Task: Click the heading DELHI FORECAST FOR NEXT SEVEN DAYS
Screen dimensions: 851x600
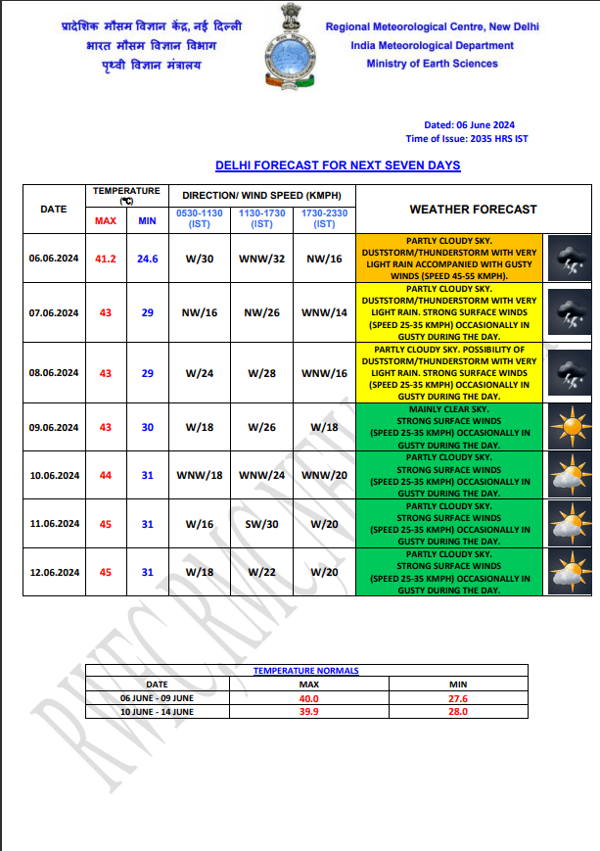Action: click(338, 165)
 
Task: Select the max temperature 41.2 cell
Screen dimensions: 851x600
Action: click(105, 259)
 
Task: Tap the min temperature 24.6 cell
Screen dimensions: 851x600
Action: click(147, 259)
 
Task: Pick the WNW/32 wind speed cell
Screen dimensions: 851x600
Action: click(261, 259)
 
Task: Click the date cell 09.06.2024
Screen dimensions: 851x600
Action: click(54, 426)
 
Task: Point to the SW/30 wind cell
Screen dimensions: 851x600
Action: click(261, 524)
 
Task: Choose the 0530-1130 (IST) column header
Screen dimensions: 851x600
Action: click(199, 218)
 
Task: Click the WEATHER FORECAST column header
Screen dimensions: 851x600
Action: click(473, 209)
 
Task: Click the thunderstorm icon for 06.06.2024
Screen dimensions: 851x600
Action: click(567, 260)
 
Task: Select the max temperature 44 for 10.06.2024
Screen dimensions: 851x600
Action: click(105, 475)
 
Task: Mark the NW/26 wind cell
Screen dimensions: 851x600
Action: click(261, 312)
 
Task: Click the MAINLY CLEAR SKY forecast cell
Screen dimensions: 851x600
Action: click(449, 426)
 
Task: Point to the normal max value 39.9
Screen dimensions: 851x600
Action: click(309, 712)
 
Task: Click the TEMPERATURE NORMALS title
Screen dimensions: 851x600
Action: click(306, 671)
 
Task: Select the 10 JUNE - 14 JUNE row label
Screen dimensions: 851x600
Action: click(157, 712)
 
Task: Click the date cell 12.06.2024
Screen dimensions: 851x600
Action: click(54, 573)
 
